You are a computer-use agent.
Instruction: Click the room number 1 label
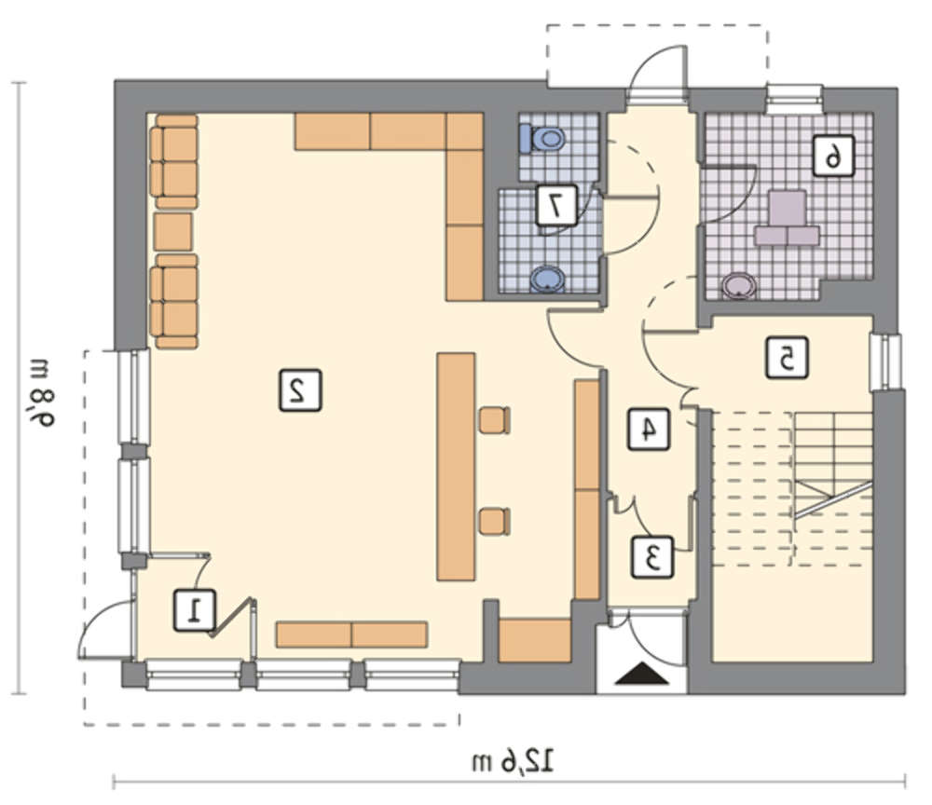[195, 609]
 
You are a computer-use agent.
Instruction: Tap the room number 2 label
[300, 390]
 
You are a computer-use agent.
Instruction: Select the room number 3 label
[652, 557]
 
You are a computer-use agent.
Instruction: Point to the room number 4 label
[649, 429]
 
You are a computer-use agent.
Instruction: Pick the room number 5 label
[787, 358]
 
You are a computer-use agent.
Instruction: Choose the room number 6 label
[833, 156]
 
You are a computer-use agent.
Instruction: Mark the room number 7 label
[556, 205]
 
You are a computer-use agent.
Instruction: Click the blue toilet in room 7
[541, 139]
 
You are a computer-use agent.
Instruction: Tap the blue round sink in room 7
[548, 280]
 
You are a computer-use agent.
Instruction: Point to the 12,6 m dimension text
[513, 761]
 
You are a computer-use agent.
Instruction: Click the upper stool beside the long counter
[495, 420]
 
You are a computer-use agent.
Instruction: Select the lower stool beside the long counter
[495, 521]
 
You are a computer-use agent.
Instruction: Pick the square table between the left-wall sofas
[173, 232]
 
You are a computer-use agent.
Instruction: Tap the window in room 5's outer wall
[886, 362]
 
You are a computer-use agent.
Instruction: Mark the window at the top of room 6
[794, 99]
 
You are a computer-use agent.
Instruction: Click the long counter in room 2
[456, 467]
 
